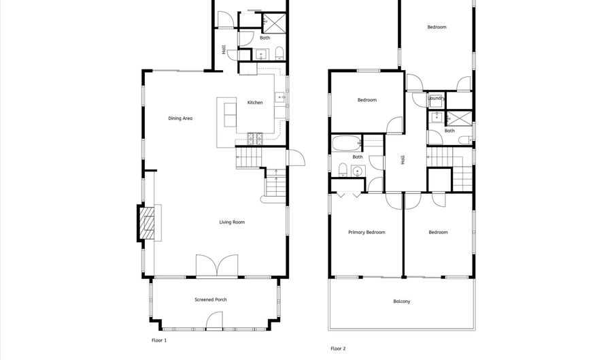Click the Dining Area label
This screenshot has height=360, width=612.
(x=180, y=118)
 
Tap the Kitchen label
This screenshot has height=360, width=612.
(x=255, y=103)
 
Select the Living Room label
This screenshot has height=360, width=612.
(x=232, y=222)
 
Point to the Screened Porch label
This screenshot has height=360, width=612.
(x=210, y=300)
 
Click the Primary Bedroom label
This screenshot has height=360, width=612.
(x=367, y=232)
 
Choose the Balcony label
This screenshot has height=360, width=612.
(x=402, y=301)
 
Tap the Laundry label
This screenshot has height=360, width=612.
(x=436, y=99)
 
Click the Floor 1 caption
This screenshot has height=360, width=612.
(x=159, y=340)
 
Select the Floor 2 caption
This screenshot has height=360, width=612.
(x=338, y=348)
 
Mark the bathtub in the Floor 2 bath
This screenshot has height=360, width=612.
(x=346, y=144)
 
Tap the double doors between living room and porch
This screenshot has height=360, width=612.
(x=217, y=266)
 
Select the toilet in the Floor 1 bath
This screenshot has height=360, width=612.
(x=279, y=54)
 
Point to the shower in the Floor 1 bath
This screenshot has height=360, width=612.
(x=273, y=23)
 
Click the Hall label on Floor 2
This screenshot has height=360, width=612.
(x=403, y=160)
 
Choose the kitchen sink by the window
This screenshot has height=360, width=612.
(x=280, y=97)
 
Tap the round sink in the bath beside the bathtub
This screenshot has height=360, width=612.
(x=358, y=171)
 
